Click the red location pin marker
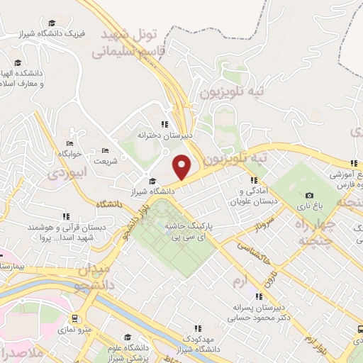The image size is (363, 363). coord(182,166)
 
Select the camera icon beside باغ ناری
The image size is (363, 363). coord(308,196)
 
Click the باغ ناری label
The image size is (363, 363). coord(308,206)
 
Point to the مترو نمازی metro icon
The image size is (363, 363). coord(75,318)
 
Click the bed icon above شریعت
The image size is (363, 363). coord(105,150)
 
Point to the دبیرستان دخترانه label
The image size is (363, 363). coord(165,134)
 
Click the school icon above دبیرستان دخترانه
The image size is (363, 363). coord(165,123)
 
